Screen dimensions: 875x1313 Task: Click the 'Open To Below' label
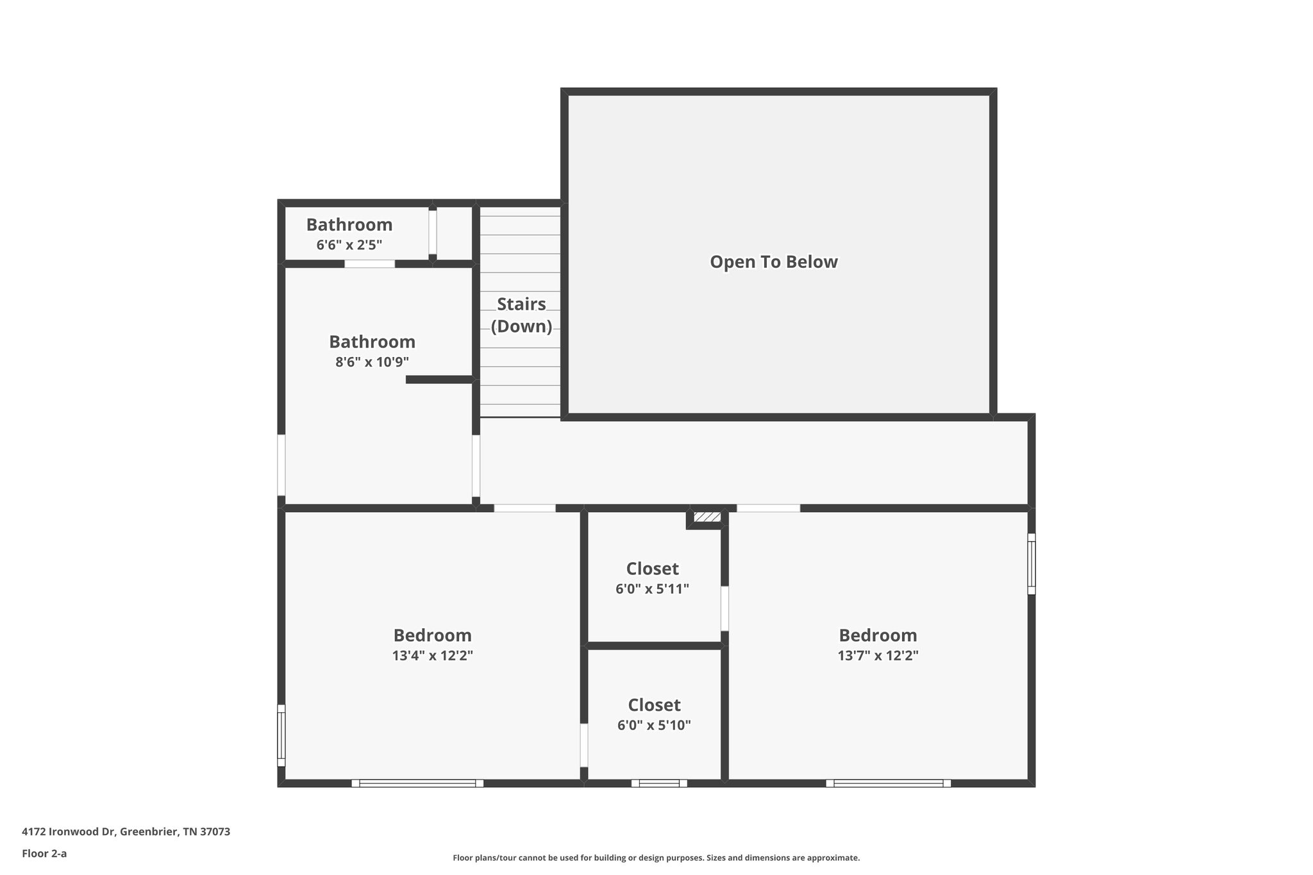tap(773, 262)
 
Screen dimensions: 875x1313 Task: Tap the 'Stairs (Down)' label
tap(521, 315)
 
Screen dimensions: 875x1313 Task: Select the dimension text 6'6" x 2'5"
tap(349, 245)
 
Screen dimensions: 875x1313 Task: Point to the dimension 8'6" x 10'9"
tap(372, 362)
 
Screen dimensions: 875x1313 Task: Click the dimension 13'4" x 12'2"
tap(432, 656)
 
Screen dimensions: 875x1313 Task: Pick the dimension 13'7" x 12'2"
tap(878, 656)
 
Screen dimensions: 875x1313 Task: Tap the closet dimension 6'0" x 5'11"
tap(652, 589)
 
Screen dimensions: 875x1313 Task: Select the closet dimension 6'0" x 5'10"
tap(654, 726)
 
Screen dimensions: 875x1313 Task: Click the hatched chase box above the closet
tap(707, 517)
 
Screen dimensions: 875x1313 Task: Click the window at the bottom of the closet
tap(659, 783)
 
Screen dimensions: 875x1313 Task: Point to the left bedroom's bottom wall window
tap(417, 783)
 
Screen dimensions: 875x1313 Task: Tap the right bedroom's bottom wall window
tap(888, 783)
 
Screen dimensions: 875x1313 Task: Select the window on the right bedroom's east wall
tap(1031, 564)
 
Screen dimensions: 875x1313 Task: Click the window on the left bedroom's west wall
tap(281, 735)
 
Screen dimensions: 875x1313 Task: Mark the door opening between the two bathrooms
tap(370, 264)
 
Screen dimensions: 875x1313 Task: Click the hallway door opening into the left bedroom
tap(524, 508)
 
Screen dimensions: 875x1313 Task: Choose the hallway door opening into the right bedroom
tap(768, 508)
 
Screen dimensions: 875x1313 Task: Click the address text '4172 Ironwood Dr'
tap(69, 832)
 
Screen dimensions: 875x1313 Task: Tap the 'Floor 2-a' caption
tap(44, 853)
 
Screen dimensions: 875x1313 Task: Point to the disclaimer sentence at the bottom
tap(656, 858)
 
